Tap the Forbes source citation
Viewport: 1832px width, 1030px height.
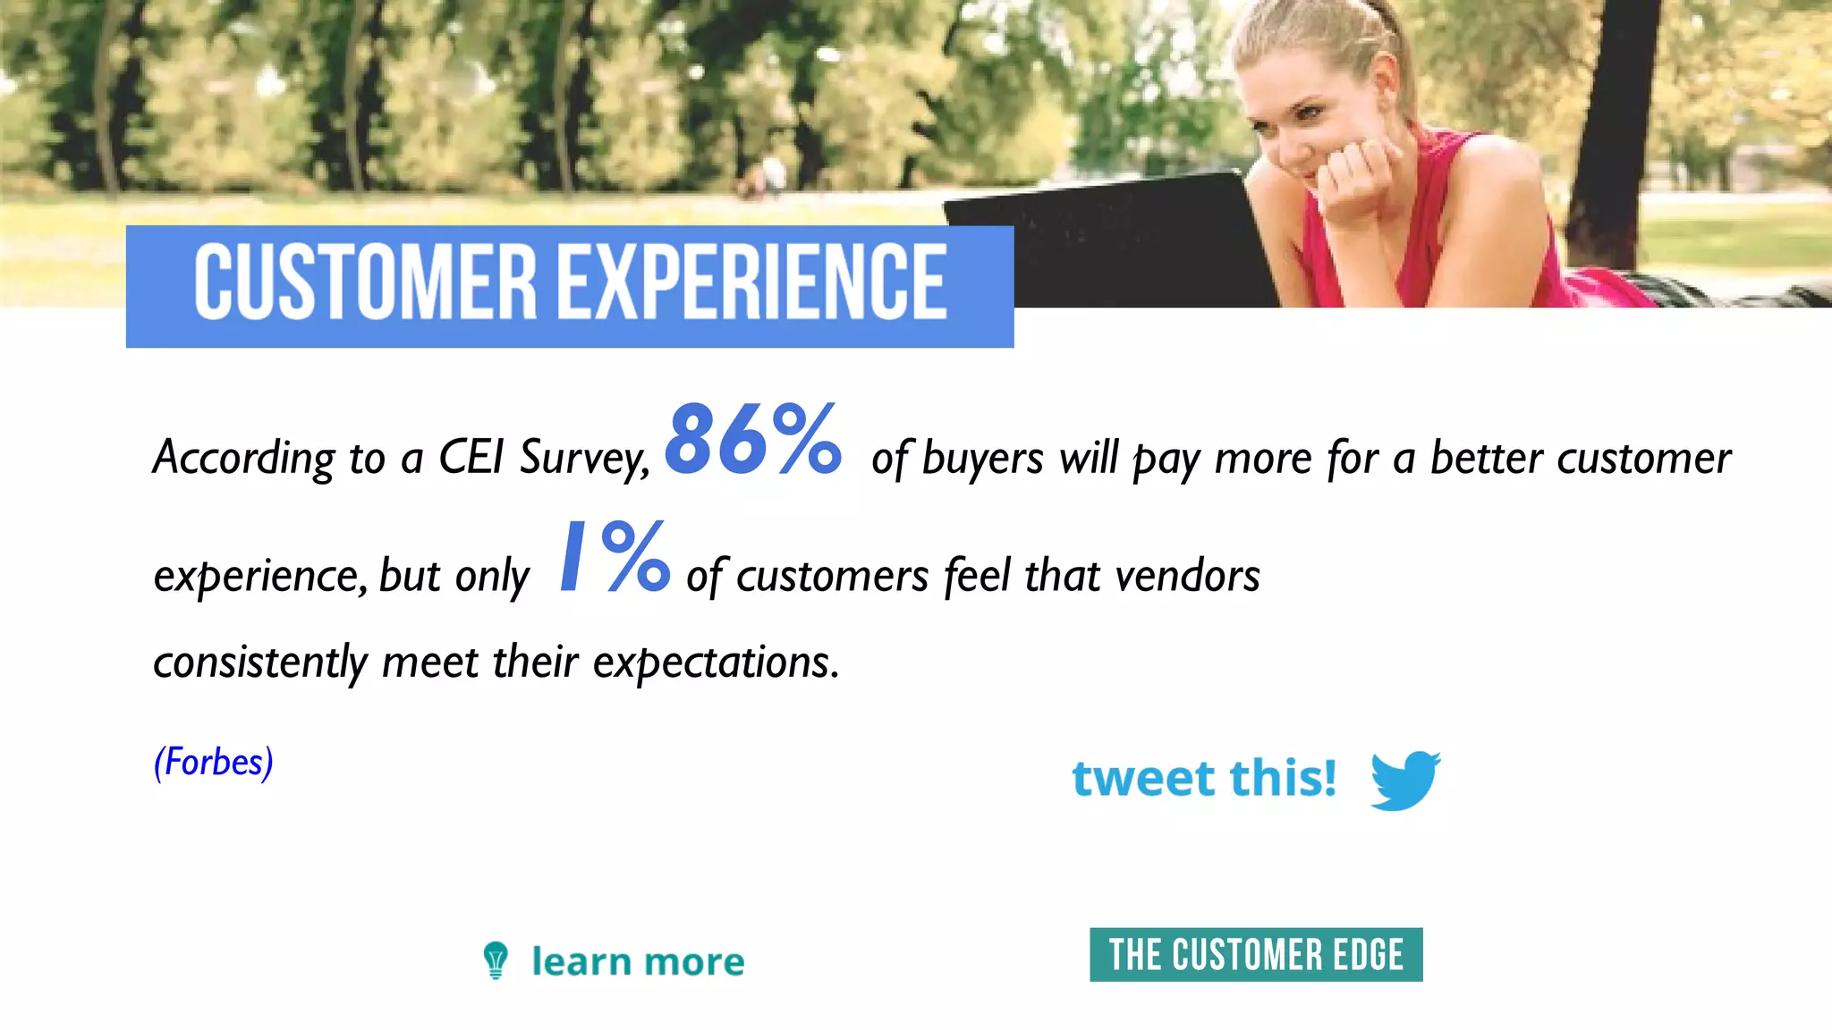click(213, 763)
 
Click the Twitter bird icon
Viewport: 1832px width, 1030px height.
click(1404, 780)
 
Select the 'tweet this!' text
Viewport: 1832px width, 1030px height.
click(1204, 778)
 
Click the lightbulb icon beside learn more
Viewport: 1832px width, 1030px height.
click(496, 960)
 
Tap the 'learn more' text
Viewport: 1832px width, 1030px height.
click(638, 962)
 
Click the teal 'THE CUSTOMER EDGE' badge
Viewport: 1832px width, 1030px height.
click(1256, 955)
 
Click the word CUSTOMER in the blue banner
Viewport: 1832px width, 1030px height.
click(365, 283)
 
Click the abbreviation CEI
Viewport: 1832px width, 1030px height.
click(471, 458)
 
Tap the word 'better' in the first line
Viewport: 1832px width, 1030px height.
click(1486, 458)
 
